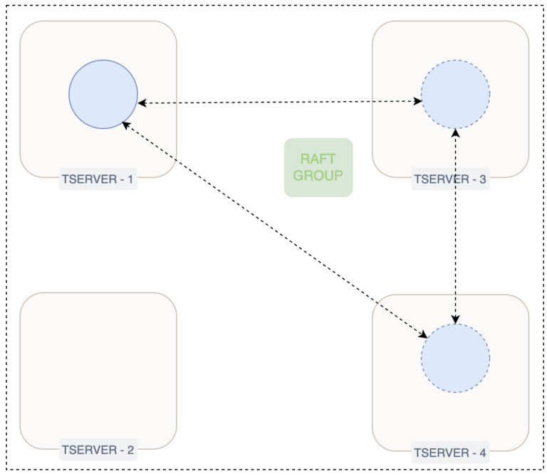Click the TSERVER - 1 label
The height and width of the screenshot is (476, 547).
[x=98, y=180]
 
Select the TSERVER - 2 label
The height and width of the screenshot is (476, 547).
[x=98, y=450]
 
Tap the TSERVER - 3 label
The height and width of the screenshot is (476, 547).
[x=450, y=180]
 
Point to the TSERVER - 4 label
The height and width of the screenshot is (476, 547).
[x=450, y=453]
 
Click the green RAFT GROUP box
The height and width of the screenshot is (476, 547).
[x=318, y=167]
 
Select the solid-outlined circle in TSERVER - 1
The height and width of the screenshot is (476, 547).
[x=103, y=94]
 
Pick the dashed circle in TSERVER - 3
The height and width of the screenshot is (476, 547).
[x=455, y=95]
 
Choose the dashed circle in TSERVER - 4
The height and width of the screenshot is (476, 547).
[x=455, y=358]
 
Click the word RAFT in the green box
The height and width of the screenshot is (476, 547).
[x=318, y=159]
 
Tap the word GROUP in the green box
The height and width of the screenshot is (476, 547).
[x=318, y=175]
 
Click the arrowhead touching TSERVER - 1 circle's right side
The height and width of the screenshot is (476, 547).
[x=142, y=103]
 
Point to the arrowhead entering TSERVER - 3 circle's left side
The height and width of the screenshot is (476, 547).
[x=417, y=102]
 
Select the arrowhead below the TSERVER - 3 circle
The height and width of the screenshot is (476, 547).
[x=456, y=133]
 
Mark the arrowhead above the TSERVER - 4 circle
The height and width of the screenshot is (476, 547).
[x=456, y=319]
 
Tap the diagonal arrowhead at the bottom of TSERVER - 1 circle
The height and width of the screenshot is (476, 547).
[x=125, y=125]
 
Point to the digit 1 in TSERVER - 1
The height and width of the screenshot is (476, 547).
[x=130, y=180]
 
